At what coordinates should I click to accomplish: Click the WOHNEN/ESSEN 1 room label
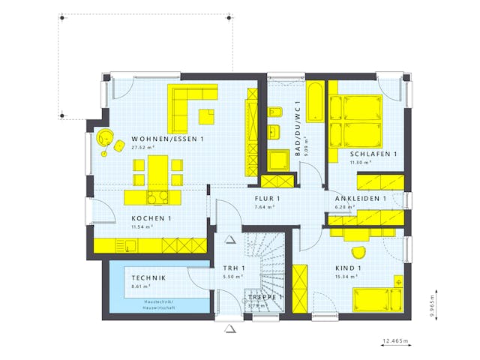[x=167, y=139]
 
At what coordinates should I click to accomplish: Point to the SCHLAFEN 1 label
[x=373, y=154]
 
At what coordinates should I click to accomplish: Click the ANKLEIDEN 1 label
[x=361, y=199]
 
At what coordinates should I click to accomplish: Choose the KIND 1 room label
[x=349, y=268]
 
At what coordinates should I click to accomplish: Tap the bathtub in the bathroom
[x=315, y=103]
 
